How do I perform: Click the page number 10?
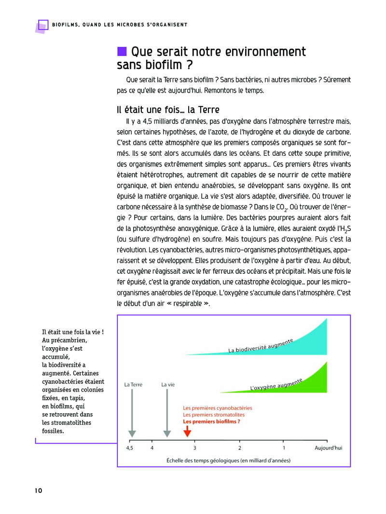(39, 490)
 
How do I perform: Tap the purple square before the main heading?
(122, 51)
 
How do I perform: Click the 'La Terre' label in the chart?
(133, 385)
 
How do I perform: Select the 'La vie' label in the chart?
(167, 385)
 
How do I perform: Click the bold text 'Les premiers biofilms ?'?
(211, 421)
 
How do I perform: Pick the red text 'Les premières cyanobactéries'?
(217, 408)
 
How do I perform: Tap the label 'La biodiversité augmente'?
(261, 346)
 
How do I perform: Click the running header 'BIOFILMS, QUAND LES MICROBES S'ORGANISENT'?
(120, 25)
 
